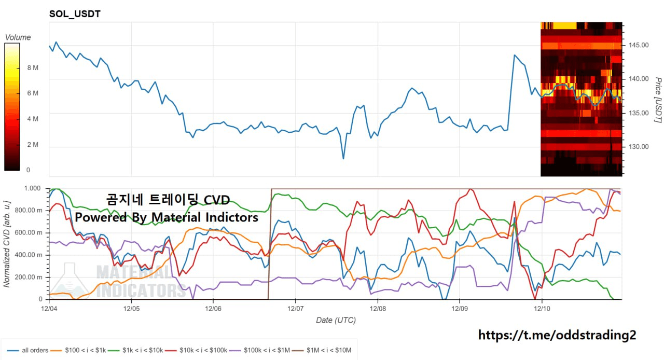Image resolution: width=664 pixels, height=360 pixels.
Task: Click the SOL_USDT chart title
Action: (x=75, y=14)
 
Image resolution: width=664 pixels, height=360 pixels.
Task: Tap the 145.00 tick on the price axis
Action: (x=637, y=45)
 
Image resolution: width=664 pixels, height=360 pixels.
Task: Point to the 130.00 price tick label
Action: (x=637, y=147)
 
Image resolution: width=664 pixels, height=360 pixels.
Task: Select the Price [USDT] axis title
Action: (x=658, y=100)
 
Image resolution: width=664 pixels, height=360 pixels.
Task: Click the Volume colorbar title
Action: (x=18, y=37)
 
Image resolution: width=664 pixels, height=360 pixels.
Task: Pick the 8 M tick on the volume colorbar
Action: (x=33, y=68)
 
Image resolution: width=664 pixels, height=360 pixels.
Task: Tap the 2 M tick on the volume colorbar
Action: (x=33, y=145)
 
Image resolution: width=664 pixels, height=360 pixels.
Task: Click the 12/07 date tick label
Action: (x=295, y=308)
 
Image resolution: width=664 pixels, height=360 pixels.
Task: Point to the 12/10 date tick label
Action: (x=542, y=308)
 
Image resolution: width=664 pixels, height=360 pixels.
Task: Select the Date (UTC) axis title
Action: (x=336, y=320)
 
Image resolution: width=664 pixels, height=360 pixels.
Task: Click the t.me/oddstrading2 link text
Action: (x=557, y=335)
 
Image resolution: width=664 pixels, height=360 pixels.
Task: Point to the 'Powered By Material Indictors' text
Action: (x=167, y=217)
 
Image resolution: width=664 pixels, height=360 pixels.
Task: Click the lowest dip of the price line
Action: (x=343, y=158)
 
